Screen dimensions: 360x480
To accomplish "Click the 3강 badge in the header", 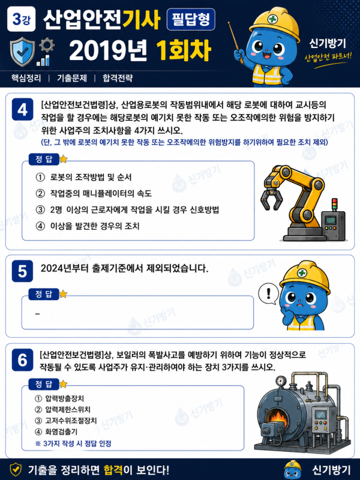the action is (x=21, y=19).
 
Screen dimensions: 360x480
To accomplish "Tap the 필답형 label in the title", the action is (x=191, y=20).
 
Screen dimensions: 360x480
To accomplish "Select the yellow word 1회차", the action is (x=184, y=50).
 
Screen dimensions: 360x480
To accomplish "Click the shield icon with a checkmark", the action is (x=22, y=52).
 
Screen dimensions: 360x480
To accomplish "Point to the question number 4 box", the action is (x=22, y=109).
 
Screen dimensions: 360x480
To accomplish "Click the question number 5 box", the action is (x=22, y=271).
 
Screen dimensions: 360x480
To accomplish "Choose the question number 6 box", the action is (x=22, y=359).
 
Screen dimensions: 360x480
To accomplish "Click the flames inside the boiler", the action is (x=278, y=416).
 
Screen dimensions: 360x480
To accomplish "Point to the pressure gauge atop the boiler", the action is (x=280, y=381).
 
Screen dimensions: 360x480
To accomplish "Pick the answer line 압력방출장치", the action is (x=59, y=398).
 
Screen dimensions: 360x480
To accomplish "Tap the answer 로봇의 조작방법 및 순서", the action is (x=84, y=177).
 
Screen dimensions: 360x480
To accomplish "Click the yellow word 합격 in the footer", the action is (x=113, y=470).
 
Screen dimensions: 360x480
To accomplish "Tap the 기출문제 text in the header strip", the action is (x=72, y=78).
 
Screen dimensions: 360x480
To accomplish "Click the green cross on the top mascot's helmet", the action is (x=272, y=19).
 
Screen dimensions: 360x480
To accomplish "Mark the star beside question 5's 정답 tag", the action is (x=63, y=294).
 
